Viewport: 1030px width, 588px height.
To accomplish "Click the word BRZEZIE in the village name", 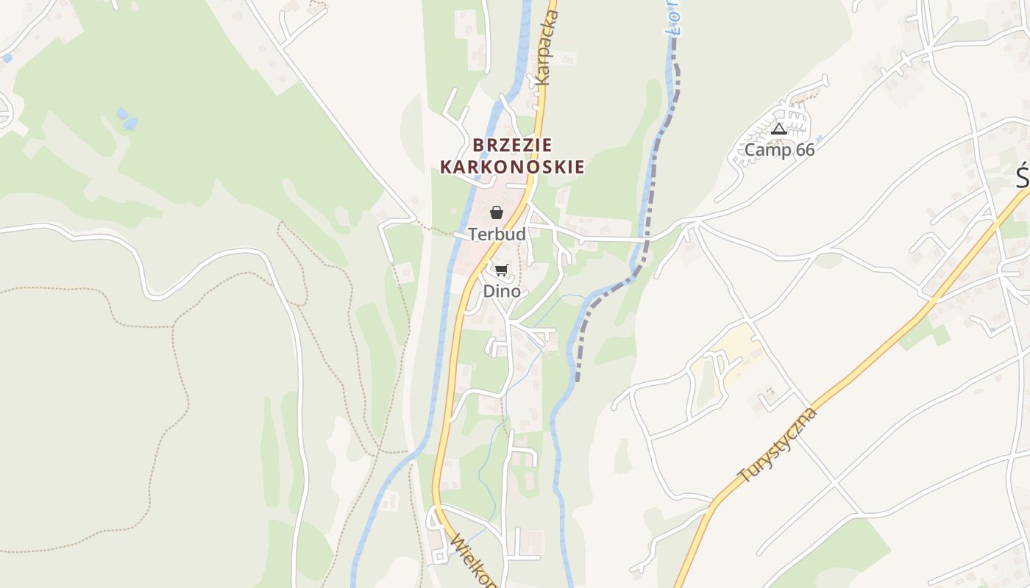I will pyautogui.click(x=512, y=145).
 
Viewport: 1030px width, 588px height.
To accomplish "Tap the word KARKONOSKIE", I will pyautogui.click(x=512, y=168).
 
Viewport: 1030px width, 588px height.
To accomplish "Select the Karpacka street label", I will pyautogui.click(x=548, y=48).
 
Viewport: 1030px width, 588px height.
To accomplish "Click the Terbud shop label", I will pyautogui.click(x=497, y=234).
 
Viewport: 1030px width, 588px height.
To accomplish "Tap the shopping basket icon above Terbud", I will pyautogui.click(x=497, y=213).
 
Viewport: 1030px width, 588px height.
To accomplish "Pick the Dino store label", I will pyautogui.click(x=501, y=292).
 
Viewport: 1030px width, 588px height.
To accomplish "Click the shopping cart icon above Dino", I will pyautogui.click(x=501, y=270).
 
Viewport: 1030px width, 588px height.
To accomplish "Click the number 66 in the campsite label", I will pyautogui.click(x=804, y=151).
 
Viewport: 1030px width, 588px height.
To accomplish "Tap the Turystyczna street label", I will pyautogui.click(x=778, y=445).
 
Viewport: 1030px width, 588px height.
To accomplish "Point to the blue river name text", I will pyautogui.click(x=676, y=18).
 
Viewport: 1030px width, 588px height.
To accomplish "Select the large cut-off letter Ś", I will pyautogui.click(x=1023, y=176).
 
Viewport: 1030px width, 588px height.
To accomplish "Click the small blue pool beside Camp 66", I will pyautogui.click(x=819, y=137).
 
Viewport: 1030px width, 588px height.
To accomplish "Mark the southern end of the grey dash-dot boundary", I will pyautogui.click(x=578, y=379).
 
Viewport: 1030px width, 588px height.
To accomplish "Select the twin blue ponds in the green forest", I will pyautogui.click(x=126, y=118).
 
